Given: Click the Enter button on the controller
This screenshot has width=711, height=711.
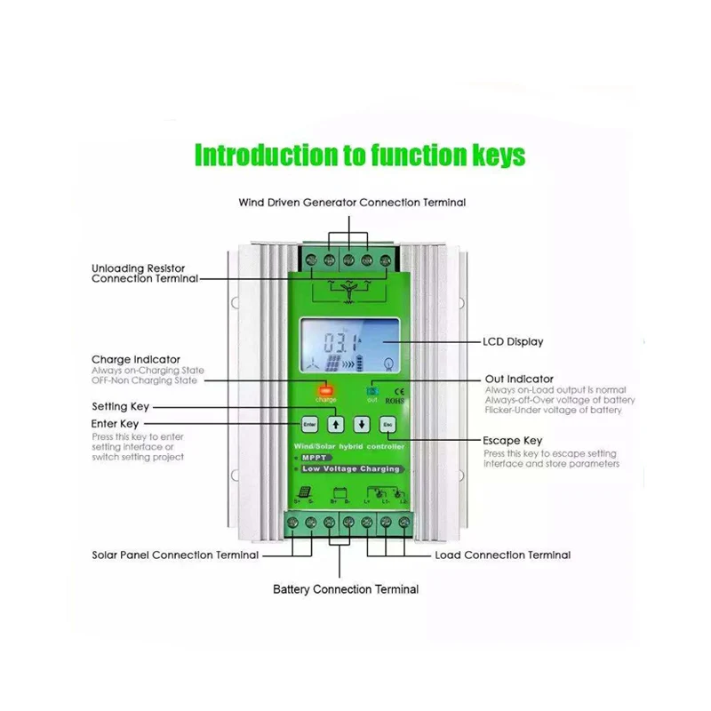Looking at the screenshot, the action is point(309,424).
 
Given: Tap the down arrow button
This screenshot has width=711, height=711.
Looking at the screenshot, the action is point(362,424).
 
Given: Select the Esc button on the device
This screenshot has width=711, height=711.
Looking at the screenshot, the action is point(387,424).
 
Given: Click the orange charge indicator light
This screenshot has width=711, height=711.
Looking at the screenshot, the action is point(325,389).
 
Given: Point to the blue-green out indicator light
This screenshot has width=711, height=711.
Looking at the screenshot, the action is point(372,389).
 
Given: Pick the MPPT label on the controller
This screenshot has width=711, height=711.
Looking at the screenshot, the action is point(316,458).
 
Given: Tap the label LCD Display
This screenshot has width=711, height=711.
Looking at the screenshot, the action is point(513,341).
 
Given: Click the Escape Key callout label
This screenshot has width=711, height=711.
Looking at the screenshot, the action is point(513,441).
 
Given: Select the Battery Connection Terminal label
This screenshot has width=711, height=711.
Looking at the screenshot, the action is point(346,589).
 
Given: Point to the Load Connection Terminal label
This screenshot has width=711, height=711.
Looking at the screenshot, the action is point(502,555).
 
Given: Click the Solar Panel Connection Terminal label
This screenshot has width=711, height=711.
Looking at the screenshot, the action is point(175,555).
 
